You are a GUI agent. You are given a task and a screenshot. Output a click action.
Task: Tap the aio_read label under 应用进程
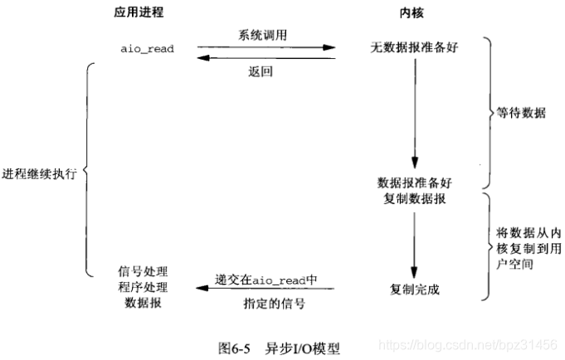coord(148,48)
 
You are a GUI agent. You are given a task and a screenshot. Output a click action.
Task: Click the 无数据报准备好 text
coord(414,48)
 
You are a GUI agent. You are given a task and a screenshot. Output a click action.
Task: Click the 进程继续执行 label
coord(41,175)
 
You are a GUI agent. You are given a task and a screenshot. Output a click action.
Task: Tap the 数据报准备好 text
coord(414,182)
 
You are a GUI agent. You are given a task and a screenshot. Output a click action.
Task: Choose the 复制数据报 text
coord(414,199)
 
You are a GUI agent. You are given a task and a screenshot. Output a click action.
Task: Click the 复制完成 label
coord(414,289)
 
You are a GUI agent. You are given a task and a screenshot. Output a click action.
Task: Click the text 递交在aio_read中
coord(266,280)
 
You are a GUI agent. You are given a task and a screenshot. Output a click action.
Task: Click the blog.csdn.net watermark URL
coord(468,343)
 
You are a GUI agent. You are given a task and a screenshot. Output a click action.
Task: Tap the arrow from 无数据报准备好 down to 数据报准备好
coord(414,116)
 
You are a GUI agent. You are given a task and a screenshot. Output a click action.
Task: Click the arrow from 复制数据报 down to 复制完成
coord(414,245)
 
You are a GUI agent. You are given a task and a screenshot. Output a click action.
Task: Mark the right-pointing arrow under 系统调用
coord(265,48)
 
